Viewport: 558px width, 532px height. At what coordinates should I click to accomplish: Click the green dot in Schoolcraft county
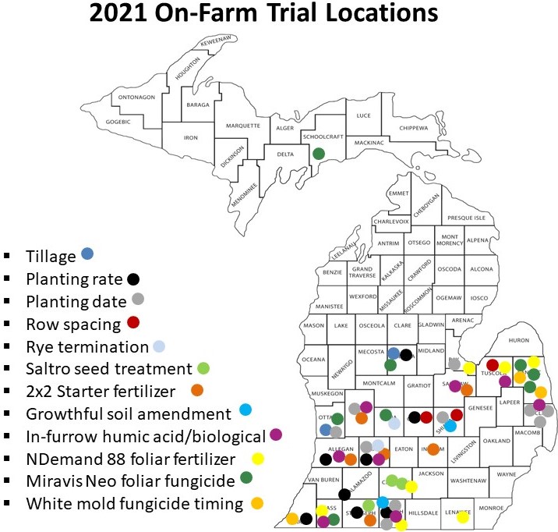point(318,154)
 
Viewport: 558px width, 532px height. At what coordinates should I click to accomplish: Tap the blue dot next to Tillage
point(87,254)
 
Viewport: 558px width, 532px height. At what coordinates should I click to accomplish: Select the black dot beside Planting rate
point(134,278)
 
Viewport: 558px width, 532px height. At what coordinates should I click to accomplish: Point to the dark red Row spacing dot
point(133,323)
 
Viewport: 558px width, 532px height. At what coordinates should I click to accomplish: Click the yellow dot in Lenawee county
point(462,516)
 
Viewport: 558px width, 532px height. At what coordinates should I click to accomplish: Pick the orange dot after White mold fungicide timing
point(257,503)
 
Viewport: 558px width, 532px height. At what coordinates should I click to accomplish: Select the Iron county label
point(191,137)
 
